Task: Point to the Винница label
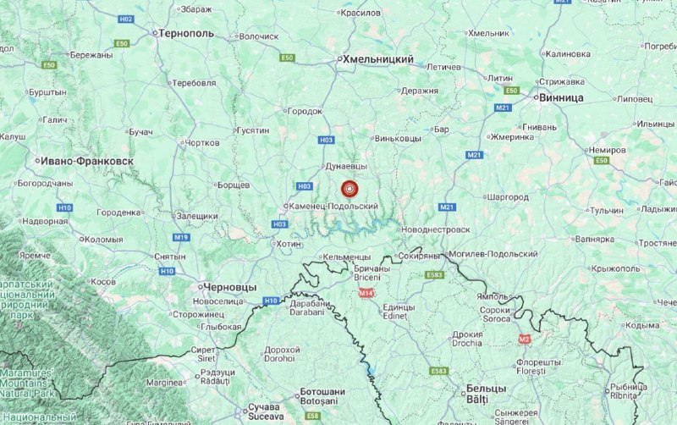tap(561, 97)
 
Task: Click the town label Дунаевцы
tap(347, 168)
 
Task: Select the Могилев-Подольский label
tap(496, 254)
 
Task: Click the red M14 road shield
tap(366, 293)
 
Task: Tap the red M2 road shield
tap(524, 339)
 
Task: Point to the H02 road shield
tap(127, 19)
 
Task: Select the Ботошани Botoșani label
tap(323, 396)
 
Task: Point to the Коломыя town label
tap(104, 240)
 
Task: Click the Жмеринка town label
tap(515, 136)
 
